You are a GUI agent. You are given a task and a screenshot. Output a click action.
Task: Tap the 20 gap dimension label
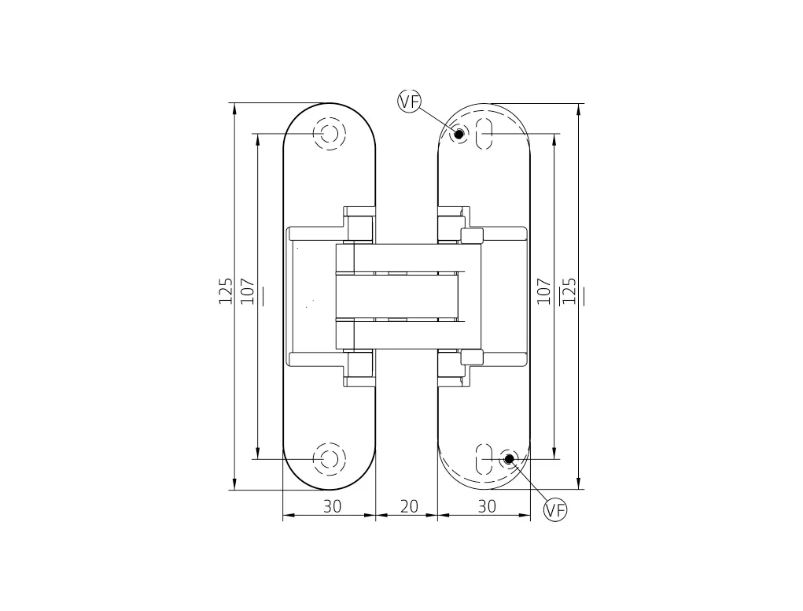pyautogui.click(x=409, y=506)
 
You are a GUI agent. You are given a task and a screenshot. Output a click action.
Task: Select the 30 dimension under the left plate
pyautogui.click(x=332, y=506)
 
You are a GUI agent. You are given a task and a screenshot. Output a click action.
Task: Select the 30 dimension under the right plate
pyautogui.click(x=487, y=506)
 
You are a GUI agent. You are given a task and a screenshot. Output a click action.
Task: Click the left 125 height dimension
pyautogui.click(x=226, y=291)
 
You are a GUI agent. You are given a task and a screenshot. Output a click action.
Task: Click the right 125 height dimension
pyautogui.click(x=569, y=291)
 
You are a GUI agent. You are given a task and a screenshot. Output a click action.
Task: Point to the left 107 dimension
pyautogui.click(x=248, y=291)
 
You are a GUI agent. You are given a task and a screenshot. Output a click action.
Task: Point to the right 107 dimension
pyautogui.click(x=544, y=291)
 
